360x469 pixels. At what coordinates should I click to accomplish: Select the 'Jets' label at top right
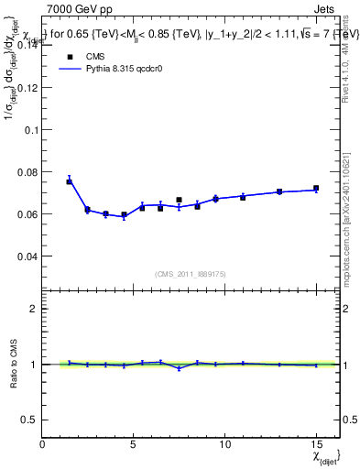click(325, 8)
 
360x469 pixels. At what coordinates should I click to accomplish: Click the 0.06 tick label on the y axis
click(28, 214)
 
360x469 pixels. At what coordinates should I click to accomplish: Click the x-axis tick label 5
click(134, 443)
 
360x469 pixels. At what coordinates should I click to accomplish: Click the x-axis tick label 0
click(43, 443)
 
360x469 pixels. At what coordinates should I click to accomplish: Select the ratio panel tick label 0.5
click(28, 420)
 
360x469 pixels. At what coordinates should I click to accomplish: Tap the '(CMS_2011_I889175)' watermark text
click(190, 273)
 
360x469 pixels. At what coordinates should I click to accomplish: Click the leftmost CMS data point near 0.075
click(69, 181)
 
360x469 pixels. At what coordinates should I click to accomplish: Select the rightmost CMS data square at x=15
click(316, 189)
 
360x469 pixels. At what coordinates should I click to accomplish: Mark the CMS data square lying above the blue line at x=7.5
click(179, 200)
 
